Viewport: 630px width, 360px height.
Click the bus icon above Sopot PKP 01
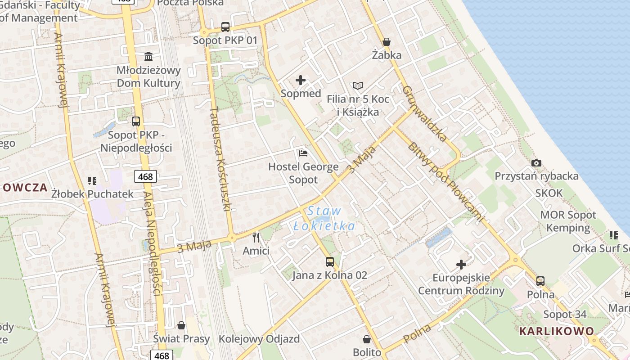[x=225, y=27]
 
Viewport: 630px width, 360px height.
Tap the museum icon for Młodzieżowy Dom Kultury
[x=148, y=56]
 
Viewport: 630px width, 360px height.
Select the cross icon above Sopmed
[x=301, y=81]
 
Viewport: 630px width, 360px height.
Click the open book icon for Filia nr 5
[x=358, y=85]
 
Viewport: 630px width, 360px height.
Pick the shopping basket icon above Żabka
[x=386, y=42]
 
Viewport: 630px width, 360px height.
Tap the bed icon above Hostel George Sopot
[x=303, y=153]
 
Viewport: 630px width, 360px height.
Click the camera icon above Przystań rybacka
[x=536, y=163]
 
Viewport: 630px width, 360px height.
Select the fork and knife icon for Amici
[x=256, y=237]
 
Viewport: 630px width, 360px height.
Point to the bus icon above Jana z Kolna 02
[x=330, y=261]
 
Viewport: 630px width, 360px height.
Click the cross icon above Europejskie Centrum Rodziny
[x=461, y=264]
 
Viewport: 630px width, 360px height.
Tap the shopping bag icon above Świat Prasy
[x=181, y=325]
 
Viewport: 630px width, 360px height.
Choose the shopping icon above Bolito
[x=367, y=339]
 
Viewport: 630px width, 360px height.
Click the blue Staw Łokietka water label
[x=324, y=218]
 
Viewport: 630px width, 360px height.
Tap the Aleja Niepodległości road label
[x=152, y=243]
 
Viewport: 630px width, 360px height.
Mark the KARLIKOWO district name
[x=557, y=331]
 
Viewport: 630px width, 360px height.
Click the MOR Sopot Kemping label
[x=568, y=221]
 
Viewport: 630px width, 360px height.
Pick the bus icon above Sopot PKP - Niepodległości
[x=136, y=121]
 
